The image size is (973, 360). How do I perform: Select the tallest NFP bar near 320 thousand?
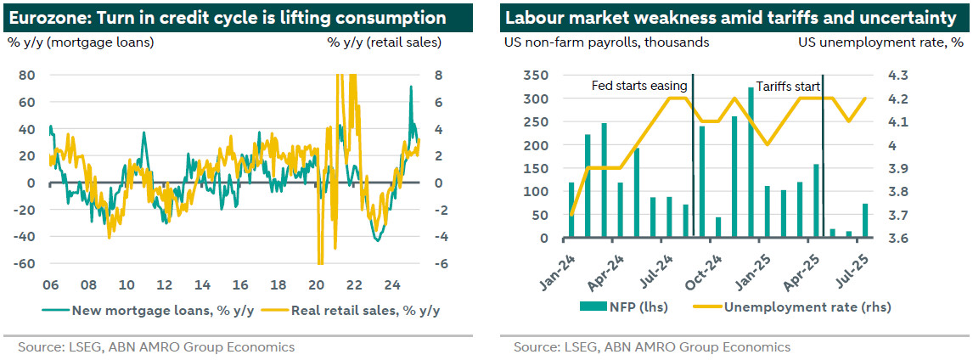tap(751, 162)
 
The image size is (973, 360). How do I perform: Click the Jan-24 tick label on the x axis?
tap(556, 265)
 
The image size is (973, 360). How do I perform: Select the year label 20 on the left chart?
tap(317, 284)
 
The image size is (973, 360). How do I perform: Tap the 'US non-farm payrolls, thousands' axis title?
tap(607, 41)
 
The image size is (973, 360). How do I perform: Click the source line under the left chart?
tap(156, 346)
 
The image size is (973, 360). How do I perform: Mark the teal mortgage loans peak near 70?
tap(411, 87)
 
